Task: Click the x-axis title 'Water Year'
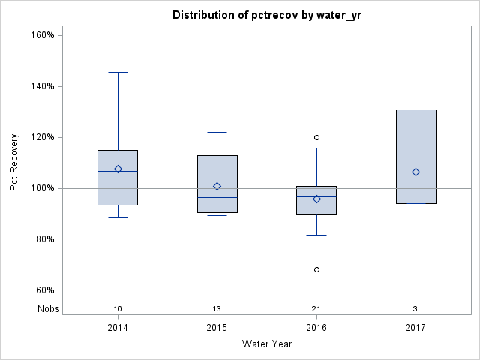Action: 267,343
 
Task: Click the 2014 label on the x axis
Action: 118,328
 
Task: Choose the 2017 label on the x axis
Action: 415,328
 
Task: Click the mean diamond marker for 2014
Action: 118,169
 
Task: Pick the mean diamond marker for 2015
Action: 217,186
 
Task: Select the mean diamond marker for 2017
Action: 415,172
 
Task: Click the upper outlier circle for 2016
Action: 316,137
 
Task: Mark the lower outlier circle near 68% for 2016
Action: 316,269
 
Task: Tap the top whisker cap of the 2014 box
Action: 118,73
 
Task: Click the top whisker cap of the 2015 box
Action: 217,132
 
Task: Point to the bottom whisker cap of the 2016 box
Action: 316,235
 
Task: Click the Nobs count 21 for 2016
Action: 316,309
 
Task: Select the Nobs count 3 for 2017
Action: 415,309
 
